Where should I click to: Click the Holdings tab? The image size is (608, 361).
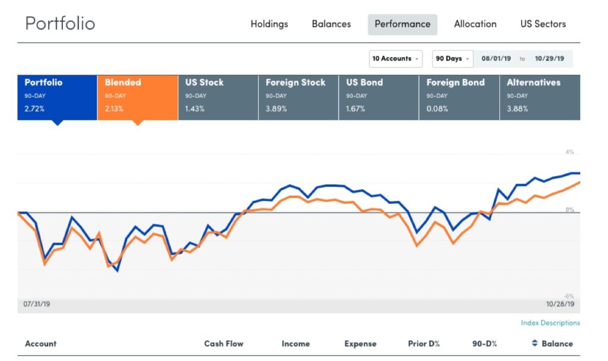point(269,24)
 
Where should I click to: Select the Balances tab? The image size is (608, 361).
point(331,24)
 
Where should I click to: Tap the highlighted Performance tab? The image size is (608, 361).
point(403,24)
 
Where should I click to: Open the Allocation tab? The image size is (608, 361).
point(475,24)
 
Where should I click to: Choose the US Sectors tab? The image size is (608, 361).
point(543,24)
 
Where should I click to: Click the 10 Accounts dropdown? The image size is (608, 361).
point(395,59)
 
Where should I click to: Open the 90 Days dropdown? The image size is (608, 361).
point(452,59)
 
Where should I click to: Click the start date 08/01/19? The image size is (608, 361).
point(496,59)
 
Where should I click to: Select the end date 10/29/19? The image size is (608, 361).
point(549,59)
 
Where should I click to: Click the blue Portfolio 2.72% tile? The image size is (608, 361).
point(57,97)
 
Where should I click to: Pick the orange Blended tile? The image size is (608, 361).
point(138,97)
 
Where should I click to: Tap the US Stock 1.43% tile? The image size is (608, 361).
point(218,97)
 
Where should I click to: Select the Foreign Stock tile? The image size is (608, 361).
point(299,97)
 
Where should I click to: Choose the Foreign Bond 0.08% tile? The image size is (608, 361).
point(460,97)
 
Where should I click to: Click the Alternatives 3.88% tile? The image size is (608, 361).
point(540,97)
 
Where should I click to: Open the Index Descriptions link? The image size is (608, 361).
point(550,322)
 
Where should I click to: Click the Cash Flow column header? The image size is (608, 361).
point(224,344)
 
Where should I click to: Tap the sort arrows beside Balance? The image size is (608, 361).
point(535,343)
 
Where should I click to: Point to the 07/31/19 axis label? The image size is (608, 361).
point(36,304)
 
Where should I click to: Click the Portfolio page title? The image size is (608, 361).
point(60,23)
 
